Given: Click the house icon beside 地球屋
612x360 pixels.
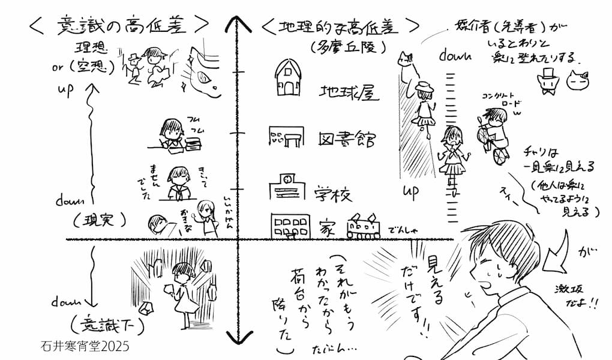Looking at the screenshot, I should (289, 79).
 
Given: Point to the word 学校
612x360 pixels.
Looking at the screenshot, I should (333, 193).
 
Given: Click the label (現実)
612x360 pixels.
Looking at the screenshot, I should (98, 220).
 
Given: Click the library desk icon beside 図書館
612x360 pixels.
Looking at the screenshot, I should (287, 139).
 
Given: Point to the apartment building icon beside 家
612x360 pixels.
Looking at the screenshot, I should (290, 226).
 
